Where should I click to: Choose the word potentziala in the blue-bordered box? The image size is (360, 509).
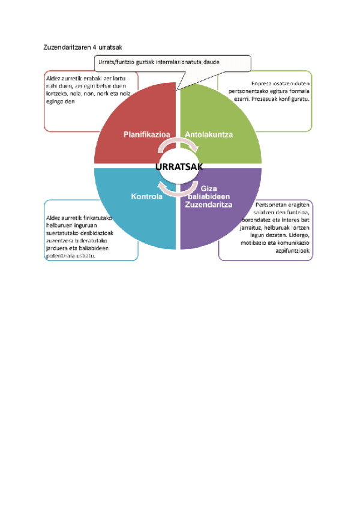click(x=60, y=255)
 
